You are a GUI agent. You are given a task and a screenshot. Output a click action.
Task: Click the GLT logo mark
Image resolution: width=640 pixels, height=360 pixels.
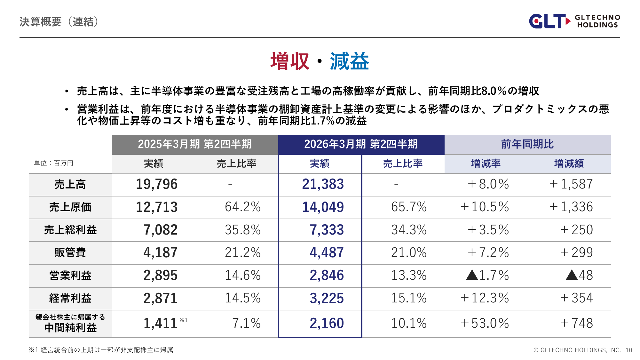(x=549, y=21)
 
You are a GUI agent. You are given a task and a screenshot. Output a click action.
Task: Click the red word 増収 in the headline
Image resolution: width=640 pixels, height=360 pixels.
(x=290, y=61)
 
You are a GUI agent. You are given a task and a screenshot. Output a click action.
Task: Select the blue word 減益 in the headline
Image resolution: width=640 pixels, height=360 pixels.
(x=349, y=61)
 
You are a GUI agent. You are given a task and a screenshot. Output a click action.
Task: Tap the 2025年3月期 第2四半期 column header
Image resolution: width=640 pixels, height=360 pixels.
(x=195, y=144)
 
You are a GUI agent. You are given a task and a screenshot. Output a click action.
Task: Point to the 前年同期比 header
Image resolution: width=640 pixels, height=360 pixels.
(x=527, y=144)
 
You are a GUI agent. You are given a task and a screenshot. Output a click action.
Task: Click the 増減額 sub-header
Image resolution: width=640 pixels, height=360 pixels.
(x=569, y=164)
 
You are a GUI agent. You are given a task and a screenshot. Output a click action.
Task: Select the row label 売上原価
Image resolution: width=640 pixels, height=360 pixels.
(x=70, y=207)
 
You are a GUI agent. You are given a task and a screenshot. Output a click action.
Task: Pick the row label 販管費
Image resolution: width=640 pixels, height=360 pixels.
(x=70, y=252)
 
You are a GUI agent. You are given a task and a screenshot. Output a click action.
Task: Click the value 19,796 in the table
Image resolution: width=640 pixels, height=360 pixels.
(x=157, y=184)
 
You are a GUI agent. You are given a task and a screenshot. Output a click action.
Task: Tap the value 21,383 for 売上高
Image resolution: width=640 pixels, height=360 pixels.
(x=323, y=184)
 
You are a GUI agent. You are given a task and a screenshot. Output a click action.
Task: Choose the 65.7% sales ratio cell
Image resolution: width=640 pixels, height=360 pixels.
(x=409, y=207)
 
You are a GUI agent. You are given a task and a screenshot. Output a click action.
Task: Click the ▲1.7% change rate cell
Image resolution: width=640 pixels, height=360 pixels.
(x=487, y=275)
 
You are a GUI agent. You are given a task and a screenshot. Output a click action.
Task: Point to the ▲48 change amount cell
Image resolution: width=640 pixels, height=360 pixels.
(x=579, y=275)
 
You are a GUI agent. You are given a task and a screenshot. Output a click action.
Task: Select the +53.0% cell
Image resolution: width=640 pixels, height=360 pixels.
(x=485, y=323)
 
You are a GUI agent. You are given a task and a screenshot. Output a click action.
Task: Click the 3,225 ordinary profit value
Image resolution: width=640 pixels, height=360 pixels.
(x=327, y=298)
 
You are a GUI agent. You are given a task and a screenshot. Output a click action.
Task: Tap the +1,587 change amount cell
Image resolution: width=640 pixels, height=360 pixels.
(x=571, y=184)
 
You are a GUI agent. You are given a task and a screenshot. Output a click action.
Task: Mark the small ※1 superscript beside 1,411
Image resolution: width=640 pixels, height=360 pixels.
(x=184, y=320)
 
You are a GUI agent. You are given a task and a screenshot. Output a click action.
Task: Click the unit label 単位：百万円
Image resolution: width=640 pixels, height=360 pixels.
(x=54, y=163)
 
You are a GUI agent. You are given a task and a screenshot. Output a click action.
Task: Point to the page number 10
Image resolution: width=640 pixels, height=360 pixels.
(x=629, y=350)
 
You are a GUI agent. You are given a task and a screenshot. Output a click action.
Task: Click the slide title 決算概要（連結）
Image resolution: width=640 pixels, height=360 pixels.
(x=59, y=22)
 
